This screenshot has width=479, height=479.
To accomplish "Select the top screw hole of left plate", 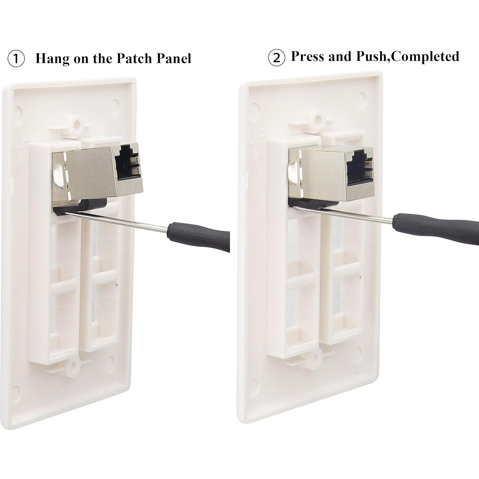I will pyautogui.click(x=77, y=123).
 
